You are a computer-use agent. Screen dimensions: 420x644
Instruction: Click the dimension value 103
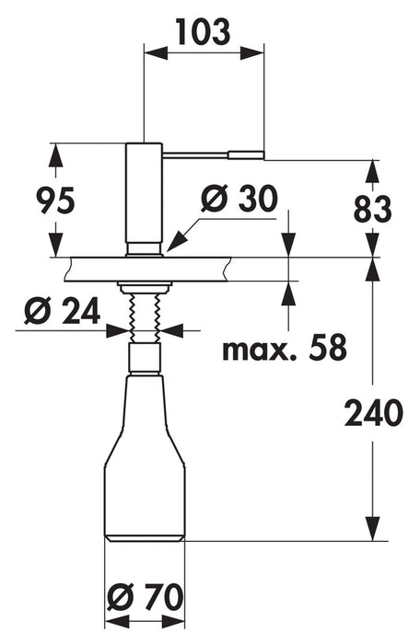click(x=204, y=31)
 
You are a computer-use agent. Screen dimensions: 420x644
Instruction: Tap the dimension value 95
click(x=55, y=200)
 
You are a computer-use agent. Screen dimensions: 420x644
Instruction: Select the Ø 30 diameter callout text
click(x=239, y=199)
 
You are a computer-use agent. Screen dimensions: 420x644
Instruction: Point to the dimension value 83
click(x=373, y=209)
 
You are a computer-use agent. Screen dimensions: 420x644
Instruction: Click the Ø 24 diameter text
click(x=62, y=311)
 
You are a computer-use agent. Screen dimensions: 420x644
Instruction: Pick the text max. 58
click(x=285, y=348)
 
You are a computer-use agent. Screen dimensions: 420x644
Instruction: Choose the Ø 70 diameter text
click(x=145, y=597)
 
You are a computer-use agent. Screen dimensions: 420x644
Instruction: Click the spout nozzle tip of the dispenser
click(x=246, y=155)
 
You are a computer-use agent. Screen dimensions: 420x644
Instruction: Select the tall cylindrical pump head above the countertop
click(x=144, y=200)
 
